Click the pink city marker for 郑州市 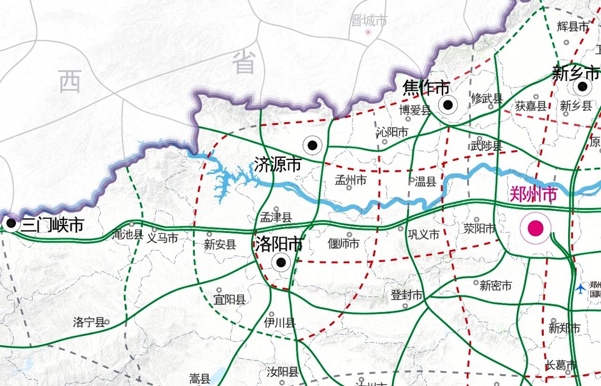point(535,228)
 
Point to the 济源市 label point(277,164)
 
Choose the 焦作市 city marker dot point(448,105)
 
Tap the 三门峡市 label point(52,226)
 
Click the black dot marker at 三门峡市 point(11,223)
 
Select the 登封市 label point(407,295)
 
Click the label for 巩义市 point(423,234)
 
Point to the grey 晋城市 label point(369,20)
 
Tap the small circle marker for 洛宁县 point(108,322)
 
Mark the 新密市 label point(495,285)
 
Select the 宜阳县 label point(230,299)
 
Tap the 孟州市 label point(350,180)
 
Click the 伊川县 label point(280,322)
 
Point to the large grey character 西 point(70,81)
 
